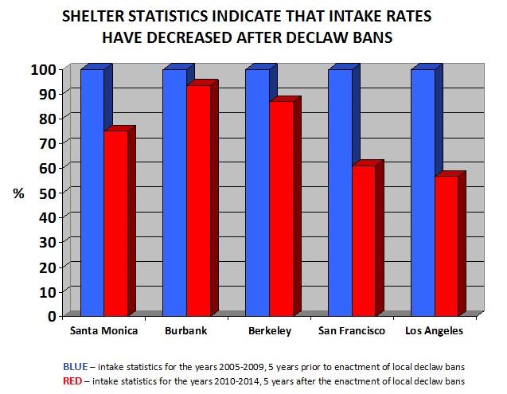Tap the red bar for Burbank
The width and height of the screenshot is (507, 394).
[x=198, y=199]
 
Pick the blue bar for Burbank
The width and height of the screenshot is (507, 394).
[x=174, y=191]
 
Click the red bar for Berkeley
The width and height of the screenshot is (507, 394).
[x=281, y=207]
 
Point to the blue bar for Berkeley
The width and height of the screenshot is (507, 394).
[x=257, y=191]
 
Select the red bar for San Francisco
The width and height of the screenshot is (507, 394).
[x=363, y=239]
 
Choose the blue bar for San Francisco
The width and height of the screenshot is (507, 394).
[x=339, y=191]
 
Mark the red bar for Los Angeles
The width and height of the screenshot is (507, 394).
[x=446, y=243]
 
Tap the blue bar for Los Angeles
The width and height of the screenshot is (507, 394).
[x=422, y=191]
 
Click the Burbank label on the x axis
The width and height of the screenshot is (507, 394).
[x=187, y=330]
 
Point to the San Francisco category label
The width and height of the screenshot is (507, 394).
[x=352, y=330]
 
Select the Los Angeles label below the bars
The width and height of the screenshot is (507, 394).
[x=434, y=330]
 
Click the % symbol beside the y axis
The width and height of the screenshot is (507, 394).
[x=19, y=193]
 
